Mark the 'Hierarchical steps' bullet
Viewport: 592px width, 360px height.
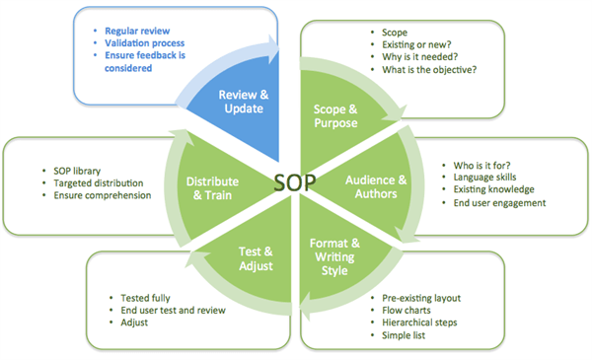coord(425,322)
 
